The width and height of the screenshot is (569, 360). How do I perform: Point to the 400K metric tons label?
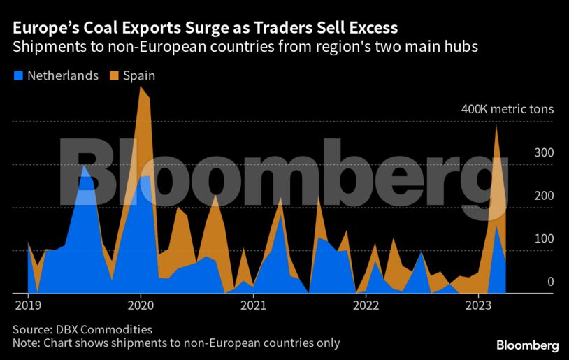click(507, 110)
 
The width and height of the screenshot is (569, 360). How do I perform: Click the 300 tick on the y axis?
click(544, 153)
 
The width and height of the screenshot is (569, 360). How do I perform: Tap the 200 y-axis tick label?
click(544, 196)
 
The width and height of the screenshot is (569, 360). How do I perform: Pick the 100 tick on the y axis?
click(544, 239)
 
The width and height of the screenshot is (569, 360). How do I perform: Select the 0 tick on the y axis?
click(550, 282)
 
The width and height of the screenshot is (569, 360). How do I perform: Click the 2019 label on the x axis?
click(28, 305)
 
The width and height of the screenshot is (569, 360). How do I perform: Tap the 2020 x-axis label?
click(141, 305)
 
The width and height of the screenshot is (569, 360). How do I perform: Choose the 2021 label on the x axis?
click(253, 305)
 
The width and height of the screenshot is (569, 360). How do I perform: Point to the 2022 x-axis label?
click(366, 305)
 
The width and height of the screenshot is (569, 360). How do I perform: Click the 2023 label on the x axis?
click(478, 305)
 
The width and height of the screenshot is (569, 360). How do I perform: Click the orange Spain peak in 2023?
click(496, 126)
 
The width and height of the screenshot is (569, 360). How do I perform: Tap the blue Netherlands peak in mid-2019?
click(84, 166)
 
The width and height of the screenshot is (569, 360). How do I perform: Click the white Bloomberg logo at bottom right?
click(527, 345)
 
